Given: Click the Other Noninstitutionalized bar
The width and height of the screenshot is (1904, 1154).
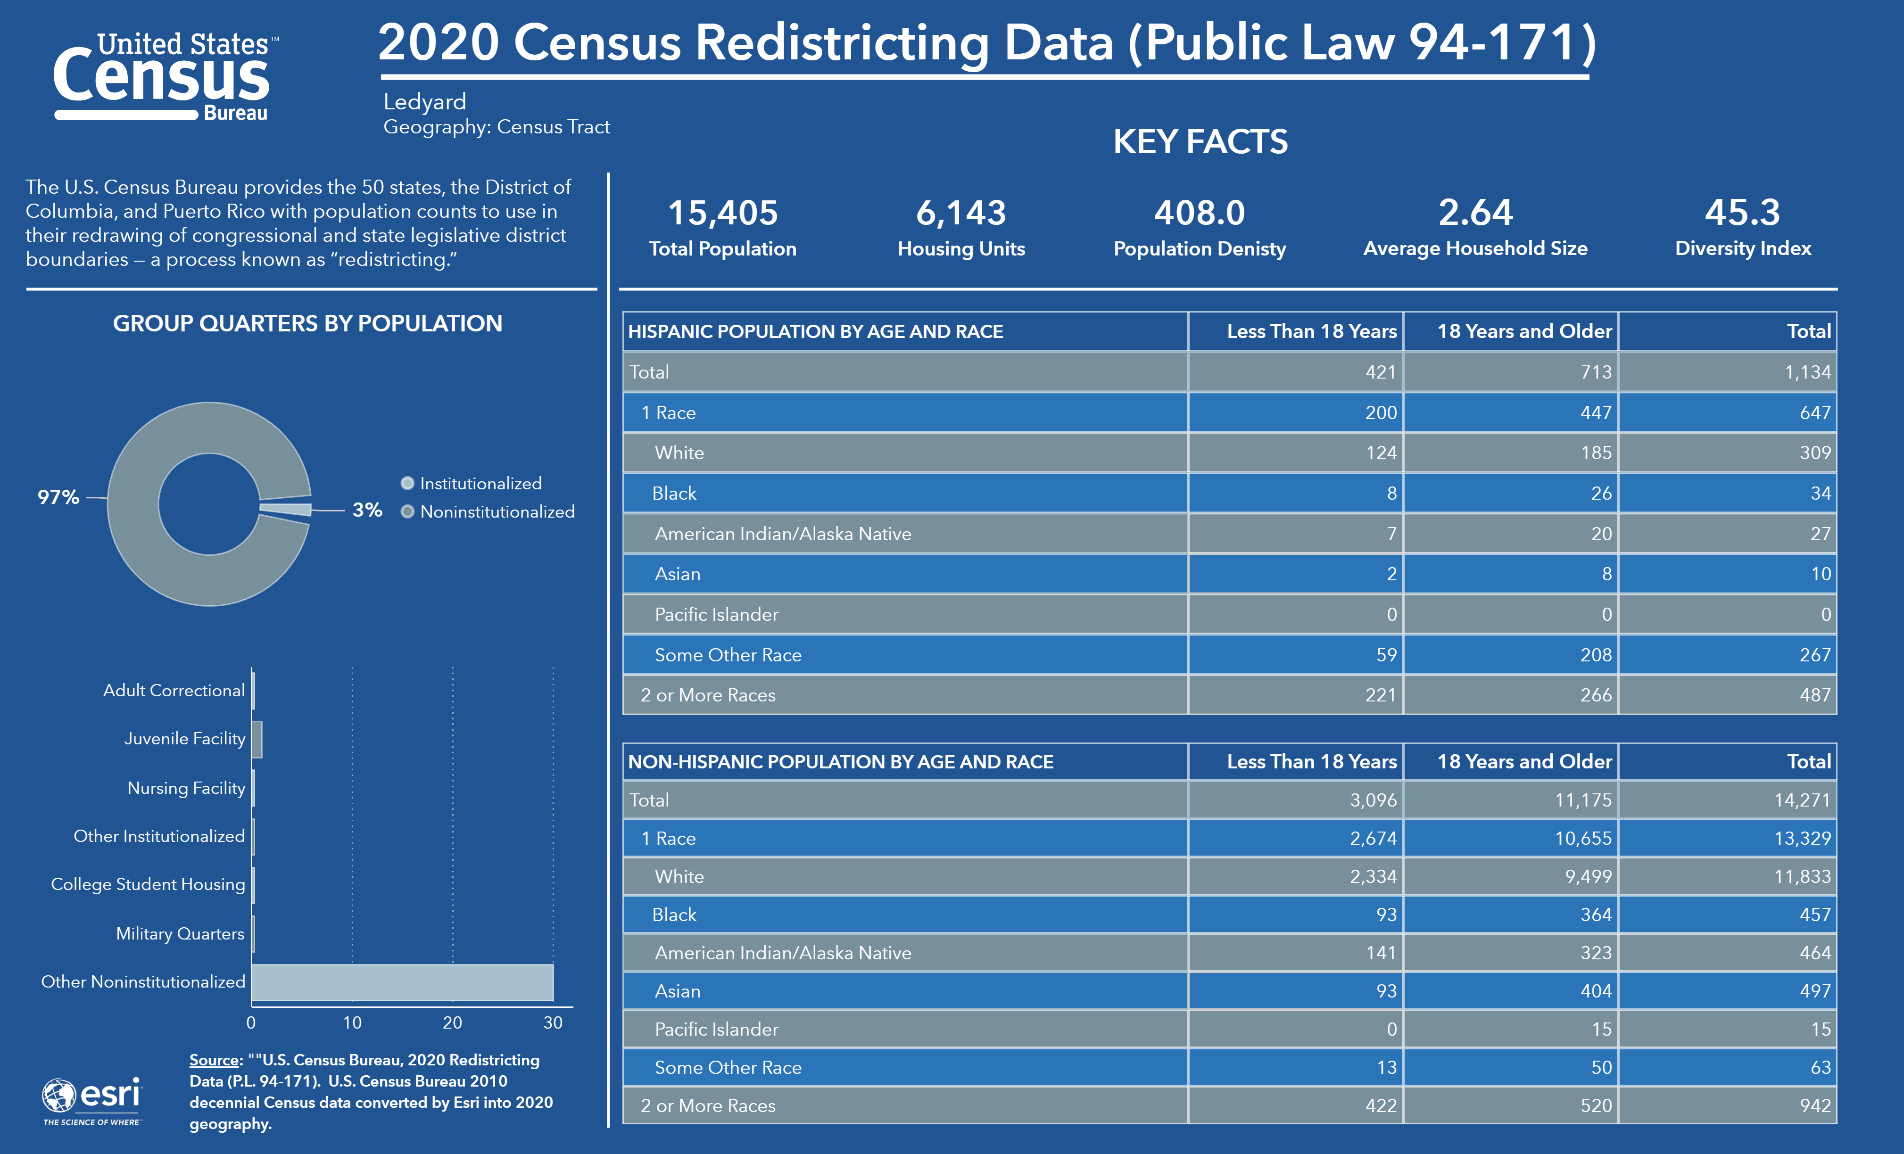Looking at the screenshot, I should click(x=402, y=982).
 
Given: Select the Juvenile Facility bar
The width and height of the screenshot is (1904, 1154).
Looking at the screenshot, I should click(x=257, y=739).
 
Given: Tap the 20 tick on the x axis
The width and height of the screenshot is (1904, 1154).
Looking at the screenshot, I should click(x=452, y=1022).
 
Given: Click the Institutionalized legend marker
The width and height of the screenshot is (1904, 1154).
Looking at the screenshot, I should click(x=407, y=484).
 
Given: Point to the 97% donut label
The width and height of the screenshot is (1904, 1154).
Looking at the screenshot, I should click(x=58, y=497).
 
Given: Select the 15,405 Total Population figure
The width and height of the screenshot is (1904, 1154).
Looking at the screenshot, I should click(x=722, y=213).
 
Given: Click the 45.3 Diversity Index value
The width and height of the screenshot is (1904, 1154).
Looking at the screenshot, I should click(x=1742, y=213).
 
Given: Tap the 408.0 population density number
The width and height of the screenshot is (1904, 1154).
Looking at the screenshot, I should click(x=1199, y=213).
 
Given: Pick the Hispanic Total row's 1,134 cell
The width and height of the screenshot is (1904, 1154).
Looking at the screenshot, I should click(x=1807, y=372).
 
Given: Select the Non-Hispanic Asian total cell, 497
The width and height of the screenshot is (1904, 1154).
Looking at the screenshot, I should click(x=1814, y=991).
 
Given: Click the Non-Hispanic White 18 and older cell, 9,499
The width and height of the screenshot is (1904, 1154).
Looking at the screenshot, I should click(x=1584, y=877).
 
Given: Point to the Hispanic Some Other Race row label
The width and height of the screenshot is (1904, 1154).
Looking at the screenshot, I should click(x=728, y=655).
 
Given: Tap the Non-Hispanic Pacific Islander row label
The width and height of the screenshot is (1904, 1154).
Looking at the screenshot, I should click(x=716, y=1029).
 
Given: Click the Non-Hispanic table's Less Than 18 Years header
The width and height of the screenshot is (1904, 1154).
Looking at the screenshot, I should click(x=1311, y=762).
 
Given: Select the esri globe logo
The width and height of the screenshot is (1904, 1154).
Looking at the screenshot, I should click(x=59, y=1095).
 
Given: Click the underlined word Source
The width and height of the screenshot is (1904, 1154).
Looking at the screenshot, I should click(x=214, y=1060).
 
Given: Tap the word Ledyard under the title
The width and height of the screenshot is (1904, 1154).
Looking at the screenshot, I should click(x=424, y=101).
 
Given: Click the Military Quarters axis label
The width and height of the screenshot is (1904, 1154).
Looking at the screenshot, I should click(x=180, y=934).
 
